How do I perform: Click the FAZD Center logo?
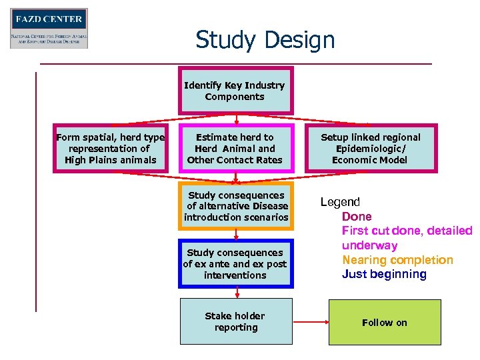coord(49,28)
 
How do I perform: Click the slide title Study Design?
coord(265,40)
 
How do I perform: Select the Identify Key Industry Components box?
coord(235,91)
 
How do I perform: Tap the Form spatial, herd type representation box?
coord(111,149)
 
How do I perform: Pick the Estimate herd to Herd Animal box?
coord(235,149)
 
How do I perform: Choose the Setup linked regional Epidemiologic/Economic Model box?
coord(371,149)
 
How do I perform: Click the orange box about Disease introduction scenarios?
coord(235,206)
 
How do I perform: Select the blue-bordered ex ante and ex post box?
coord(235,263)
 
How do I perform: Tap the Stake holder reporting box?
coord(235,321)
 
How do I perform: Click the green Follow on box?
coord(384,323)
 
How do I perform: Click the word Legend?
coord(340,202)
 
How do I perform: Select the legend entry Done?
coord(357,217)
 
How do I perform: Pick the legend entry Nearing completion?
coord(397,260)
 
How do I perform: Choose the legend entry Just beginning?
coord(384,274)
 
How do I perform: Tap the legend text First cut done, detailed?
coord(407,231)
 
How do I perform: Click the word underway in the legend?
coord(369,245)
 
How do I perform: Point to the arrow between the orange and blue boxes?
coord(236,233)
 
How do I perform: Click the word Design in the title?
coord(300,40)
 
